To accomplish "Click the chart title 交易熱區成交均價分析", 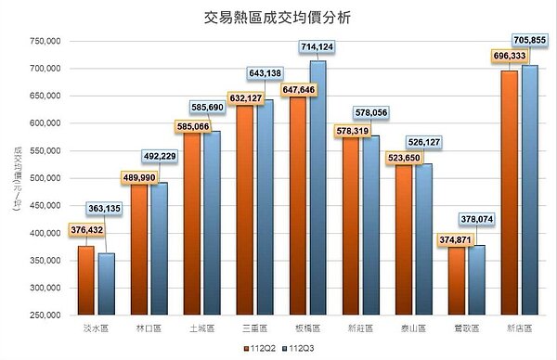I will [278, 18].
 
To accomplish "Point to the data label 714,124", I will [317, 46].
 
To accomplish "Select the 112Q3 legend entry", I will [300, 348].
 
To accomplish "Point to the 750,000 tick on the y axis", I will [45, 41].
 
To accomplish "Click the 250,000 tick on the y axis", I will [45, 315].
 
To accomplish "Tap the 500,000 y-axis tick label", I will [45, 178].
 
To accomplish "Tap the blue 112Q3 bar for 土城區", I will [212, 223].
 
